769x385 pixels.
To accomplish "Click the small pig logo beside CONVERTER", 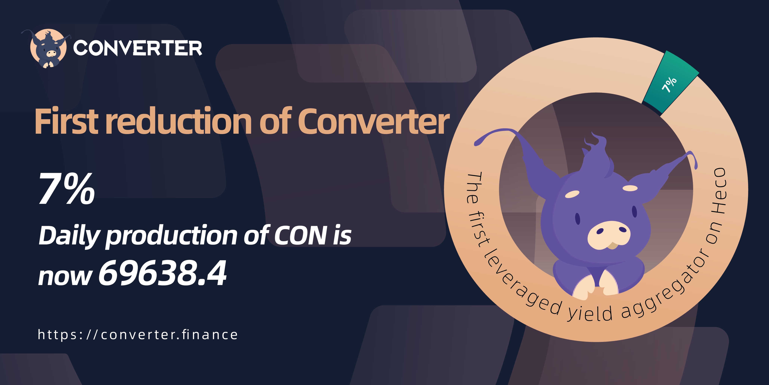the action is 48,49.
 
